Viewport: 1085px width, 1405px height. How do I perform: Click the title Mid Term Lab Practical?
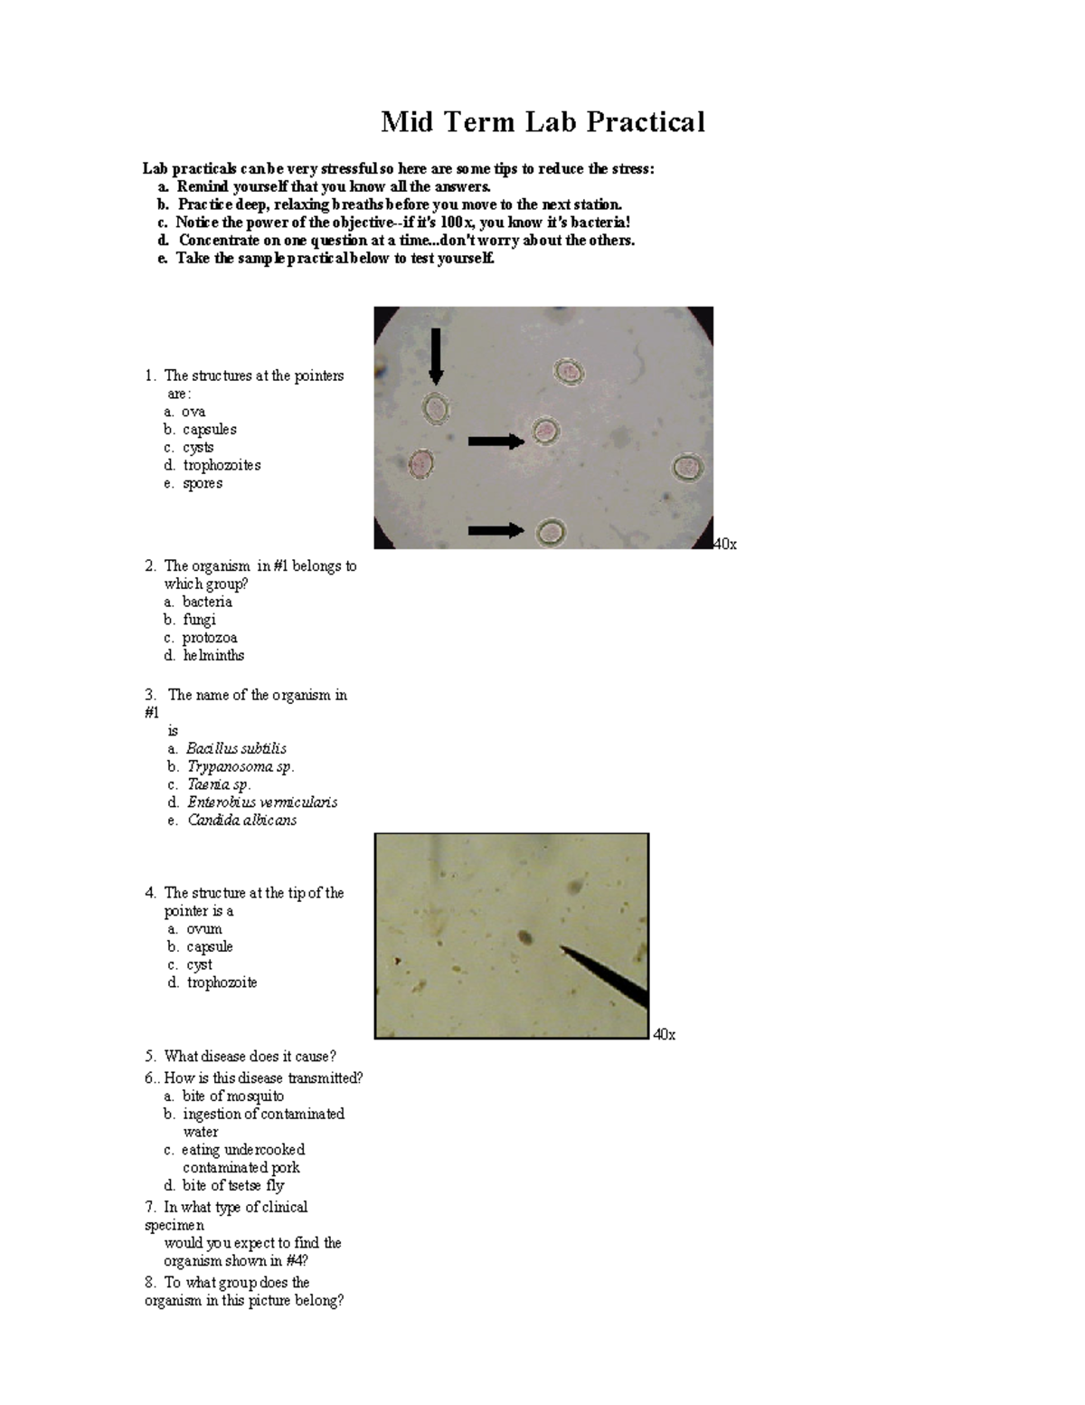point(542,121)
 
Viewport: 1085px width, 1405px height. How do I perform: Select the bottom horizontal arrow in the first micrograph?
point(495,530)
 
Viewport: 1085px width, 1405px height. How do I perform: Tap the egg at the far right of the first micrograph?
point(687,468)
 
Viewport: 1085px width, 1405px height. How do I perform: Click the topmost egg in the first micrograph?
point(569,372)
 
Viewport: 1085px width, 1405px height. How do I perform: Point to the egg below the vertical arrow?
point(437,409)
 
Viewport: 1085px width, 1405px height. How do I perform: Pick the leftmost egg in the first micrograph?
point(421,464)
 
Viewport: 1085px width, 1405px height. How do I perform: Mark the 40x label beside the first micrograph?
point(725,544)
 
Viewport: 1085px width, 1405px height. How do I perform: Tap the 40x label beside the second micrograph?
point(664,1034)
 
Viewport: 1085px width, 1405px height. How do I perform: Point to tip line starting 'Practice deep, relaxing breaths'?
point(399,204)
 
